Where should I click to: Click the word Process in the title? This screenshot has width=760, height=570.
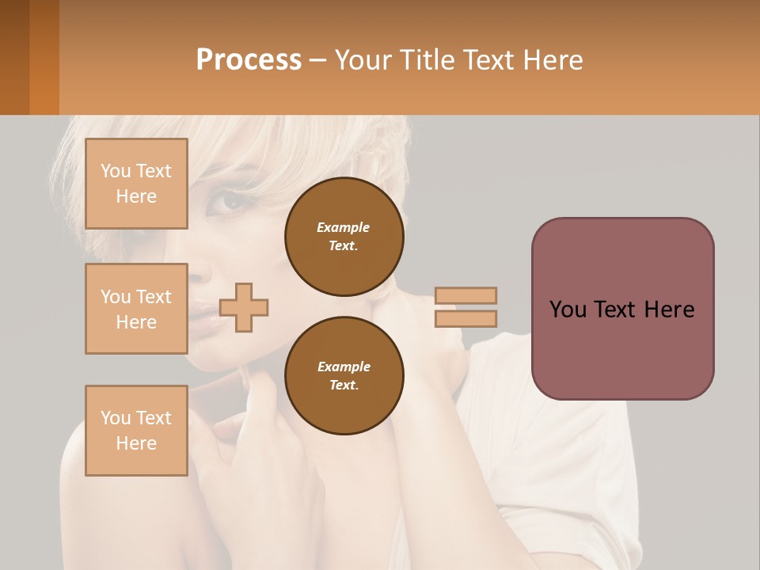(x=249, y=59)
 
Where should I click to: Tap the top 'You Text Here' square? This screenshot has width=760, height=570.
(x=136, y=184)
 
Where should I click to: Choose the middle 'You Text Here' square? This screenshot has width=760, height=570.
(x=136, y=309)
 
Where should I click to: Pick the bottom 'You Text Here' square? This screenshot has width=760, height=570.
(x=136, y=431)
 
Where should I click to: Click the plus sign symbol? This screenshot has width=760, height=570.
(x=244, y=307)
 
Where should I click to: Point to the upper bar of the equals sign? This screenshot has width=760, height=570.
(x=466, y=295)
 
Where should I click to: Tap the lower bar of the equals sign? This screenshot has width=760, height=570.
(x=466, y=318)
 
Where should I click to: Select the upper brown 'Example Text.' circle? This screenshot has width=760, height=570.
(x=344, y=237)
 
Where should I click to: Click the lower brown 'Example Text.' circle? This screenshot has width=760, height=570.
(x=344, y=376)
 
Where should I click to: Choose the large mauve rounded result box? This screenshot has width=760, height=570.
(x=622, y=309)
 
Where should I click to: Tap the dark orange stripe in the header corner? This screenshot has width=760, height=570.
(x=44, y=57)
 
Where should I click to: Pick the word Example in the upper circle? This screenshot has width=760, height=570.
(x=344, y=227)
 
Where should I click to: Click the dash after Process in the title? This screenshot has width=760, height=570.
(x=318, y=60)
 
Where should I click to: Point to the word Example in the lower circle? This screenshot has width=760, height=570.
(x=344, y=367)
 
